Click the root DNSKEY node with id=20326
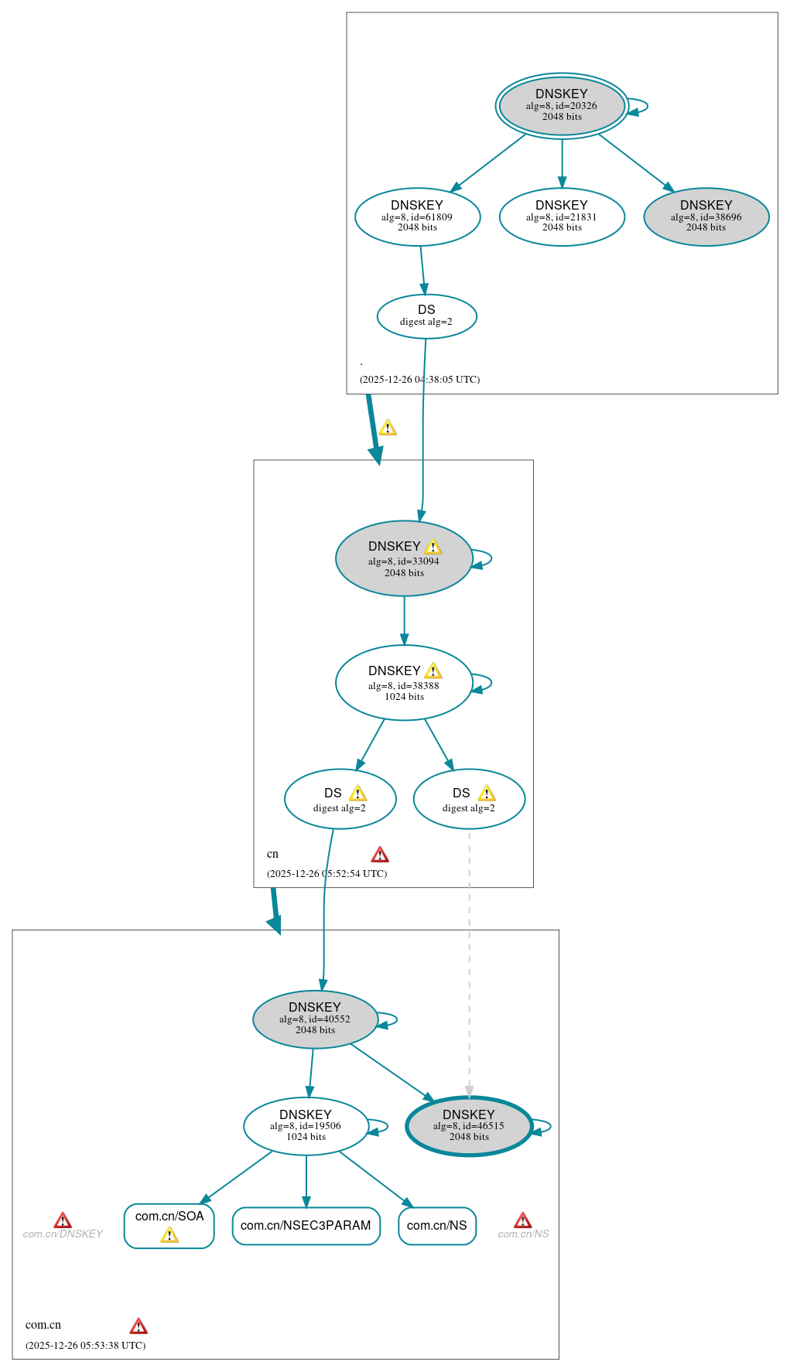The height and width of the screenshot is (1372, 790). [x=562, y=106]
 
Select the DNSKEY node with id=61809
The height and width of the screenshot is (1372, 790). [x=417, y=217]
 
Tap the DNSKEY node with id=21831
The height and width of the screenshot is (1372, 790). [x=562, y=217]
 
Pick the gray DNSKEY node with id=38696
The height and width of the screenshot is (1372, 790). [x=706, y=217]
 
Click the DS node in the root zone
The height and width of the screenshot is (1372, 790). [x=426, y=316]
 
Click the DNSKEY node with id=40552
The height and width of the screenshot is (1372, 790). [x=315, y=1019]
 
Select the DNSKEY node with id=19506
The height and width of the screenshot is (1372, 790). [x=306, y=1126]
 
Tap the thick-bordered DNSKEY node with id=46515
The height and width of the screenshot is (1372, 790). [x=469, y=1126]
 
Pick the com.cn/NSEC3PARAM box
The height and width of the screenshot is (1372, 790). [x=306, y=1226]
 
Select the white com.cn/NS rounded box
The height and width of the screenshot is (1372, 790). [x=437, y=1226]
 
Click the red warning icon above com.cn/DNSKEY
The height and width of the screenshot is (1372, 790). [x=63, y=1221]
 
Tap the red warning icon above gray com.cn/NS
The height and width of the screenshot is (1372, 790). [x=523, y=1220]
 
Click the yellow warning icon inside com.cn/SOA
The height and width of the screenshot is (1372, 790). [x=169, y=1235]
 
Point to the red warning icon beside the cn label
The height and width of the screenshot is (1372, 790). [x=380, y=855]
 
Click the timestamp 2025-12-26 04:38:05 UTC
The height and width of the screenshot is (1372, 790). [x=419, y=380]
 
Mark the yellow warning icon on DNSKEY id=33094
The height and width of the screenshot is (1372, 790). [x=433, y=547]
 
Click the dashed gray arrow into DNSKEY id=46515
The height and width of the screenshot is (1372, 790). [x=469, y=967]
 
